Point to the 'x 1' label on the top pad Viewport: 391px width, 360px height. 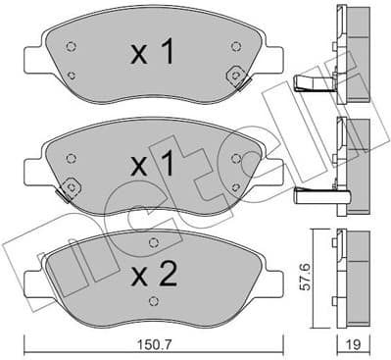pyautogui.click(x=153, y=53)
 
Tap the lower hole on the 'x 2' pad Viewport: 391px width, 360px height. pyautogui.click(x=150, y=303)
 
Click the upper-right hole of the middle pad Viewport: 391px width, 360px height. pyautogui.click(x=236, y=157)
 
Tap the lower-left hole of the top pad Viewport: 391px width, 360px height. pyautogui.click(x=73, y=75)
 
